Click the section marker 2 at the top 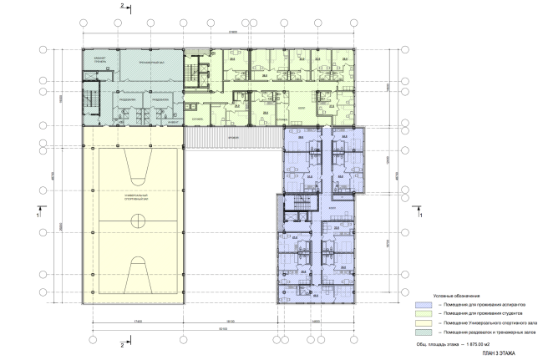click(x=122, y=7)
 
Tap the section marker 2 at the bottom click(x=122, y=343)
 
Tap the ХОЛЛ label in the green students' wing click(x=302, y=108)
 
